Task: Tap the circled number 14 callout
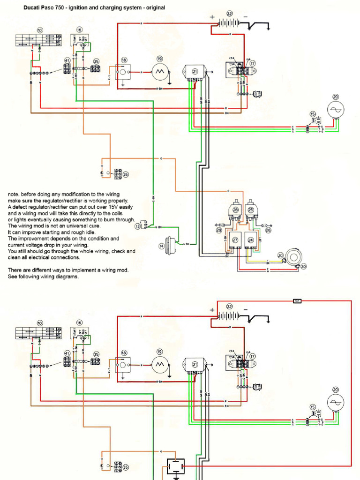[x=161, y=245]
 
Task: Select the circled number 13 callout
[x=138, y=226]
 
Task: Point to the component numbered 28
[x=235, y=210]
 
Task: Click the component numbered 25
[x=251, y=210]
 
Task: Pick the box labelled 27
[x=235, y=240]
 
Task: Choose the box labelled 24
[x=251, y=240]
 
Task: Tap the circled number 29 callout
[x=218, y=230]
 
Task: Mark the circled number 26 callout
[x=268, y=230]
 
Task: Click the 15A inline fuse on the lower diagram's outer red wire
[x=297, y=301]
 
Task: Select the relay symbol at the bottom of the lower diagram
[x=176, y=466]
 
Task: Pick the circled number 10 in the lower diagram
[x=40, y=323]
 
